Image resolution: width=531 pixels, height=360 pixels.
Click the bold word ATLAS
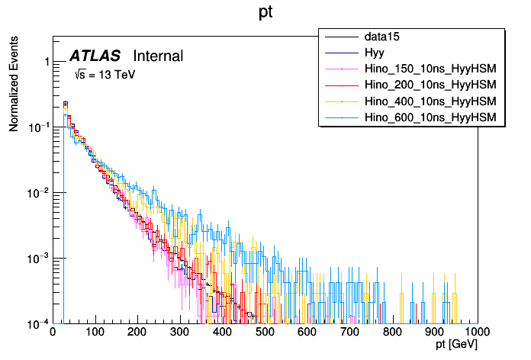pos(95,56)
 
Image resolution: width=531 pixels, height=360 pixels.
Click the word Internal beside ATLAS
pos(158,56)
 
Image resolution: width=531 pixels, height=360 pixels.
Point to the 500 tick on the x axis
pos(265,333)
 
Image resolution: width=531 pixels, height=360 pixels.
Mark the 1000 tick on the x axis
pos(477,333)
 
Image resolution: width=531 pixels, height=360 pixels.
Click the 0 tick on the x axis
pos(53,333)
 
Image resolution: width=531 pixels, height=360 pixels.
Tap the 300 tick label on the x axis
pos(180,333)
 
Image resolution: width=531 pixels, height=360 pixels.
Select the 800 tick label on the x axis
pos(392,333)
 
